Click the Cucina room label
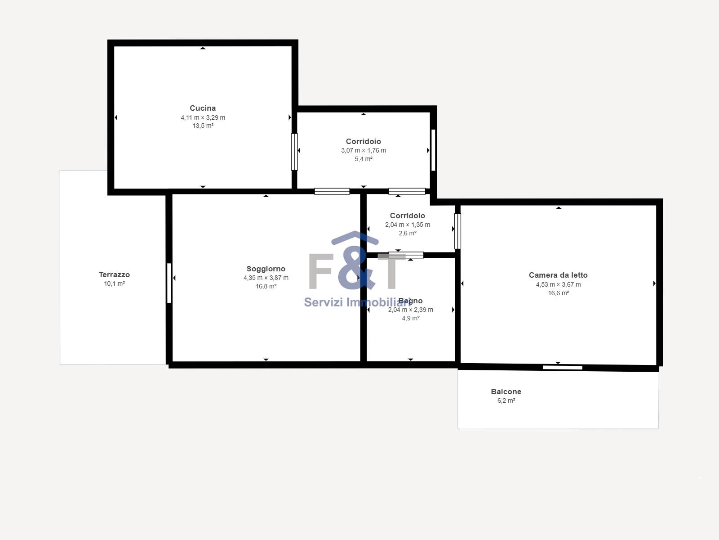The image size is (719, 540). tap(203, 108)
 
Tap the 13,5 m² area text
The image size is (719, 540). tap(203, 126)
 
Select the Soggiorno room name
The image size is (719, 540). tap(266, 269)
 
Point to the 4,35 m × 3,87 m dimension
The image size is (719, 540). tap(266, 278)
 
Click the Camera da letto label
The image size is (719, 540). tap(558, 275)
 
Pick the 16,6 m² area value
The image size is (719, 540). tap(559, 293)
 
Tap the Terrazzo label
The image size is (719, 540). tap(114, 275)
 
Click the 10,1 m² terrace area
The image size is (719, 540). tap(114, 283)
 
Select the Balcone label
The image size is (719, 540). tap(506, 391)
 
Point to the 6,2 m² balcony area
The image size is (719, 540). tap(506, 400)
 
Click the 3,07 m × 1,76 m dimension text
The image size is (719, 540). tap(364, 150)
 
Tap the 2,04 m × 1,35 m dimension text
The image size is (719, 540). tap(408, 225)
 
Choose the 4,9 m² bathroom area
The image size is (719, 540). tap(411, 318)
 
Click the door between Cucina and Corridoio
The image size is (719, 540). tap(294, 152)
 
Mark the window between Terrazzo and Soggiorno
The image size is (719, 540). tap(169, 283)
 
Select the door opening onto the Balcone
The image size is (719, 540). tap(563, 368)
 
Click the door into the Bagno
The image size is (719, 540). tap(406, 255)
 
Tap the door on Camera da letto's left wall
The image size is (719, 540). tap(457, 231)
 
